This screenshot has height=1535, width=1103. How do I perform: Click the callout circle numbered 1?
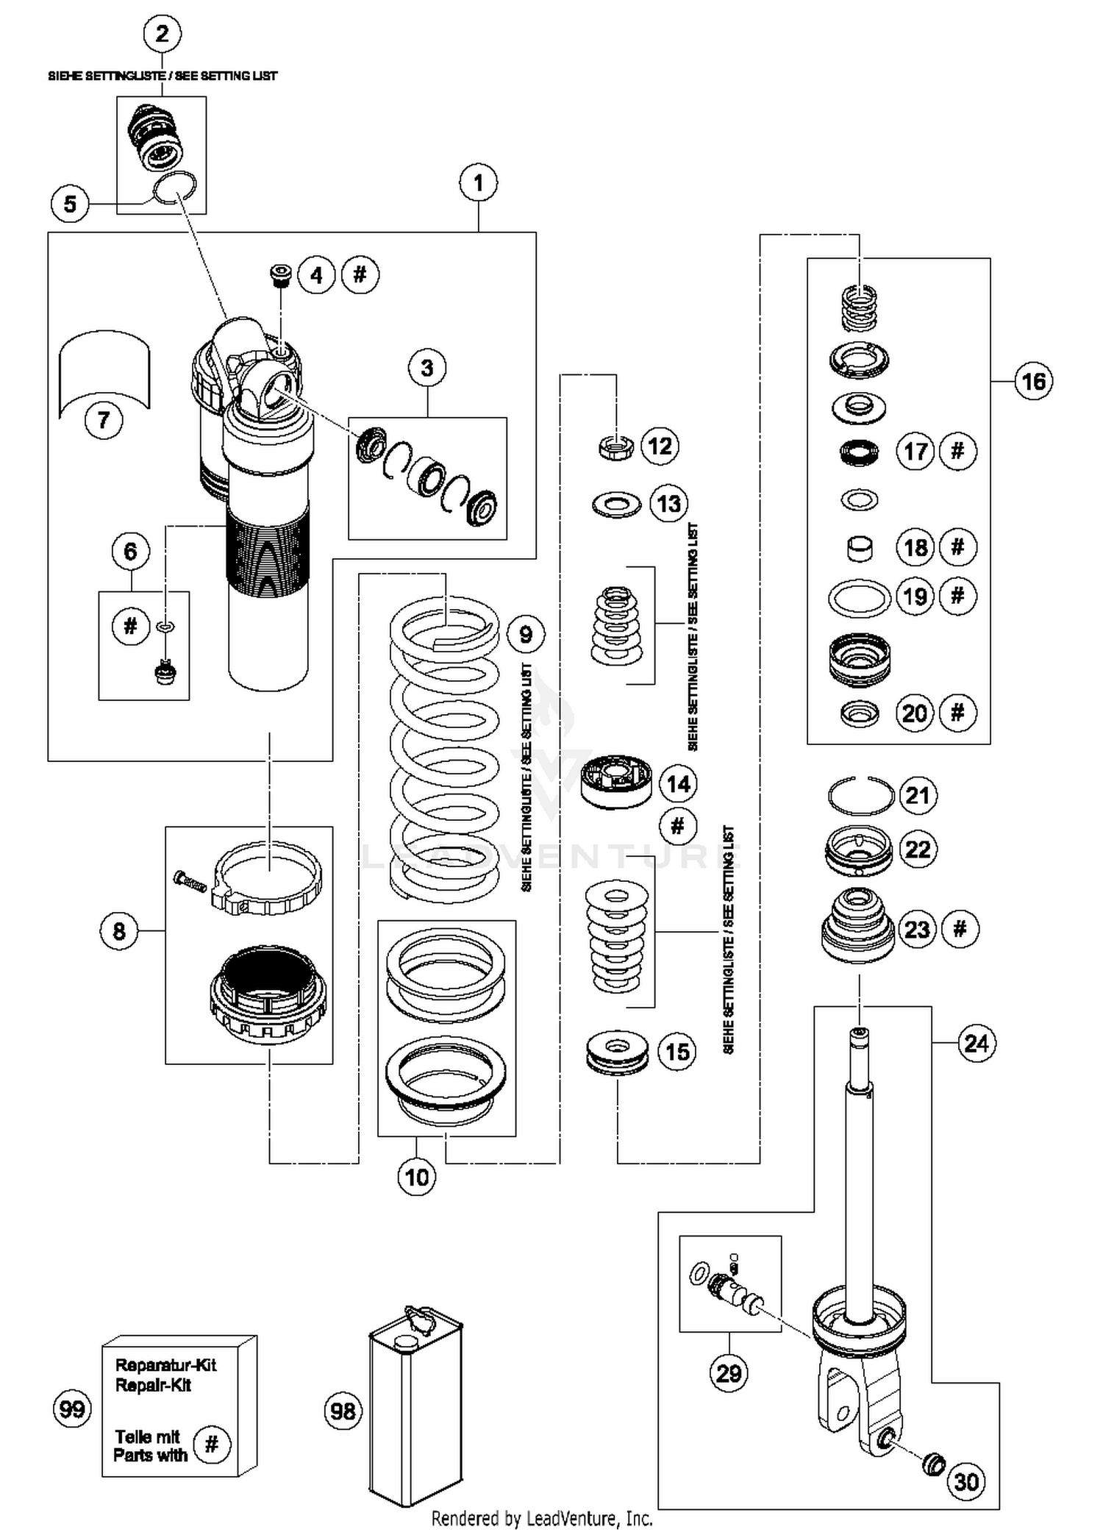tap(479, 182)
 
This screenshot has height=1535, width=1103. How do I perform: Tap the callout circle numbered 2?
tap(163, 34)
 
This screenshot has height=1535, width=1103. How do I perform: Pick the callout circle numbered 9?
tap(526, 634)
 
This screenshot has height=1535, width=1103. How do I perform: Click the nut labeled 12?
tap(615, 447)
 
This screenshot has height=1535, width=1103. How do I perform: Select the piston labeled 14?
tap(616, 782)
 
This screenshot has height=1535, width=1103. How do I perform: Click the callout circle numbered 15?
tap(677, 1052)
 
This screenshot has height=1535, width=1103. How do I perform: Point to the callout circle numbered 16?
tap(1033, 381)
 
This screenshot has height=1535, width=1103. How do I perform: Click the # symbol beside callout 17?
tap(957, 451)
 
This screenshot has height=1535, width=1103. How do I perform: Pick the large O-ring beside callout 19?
tap(859, 597)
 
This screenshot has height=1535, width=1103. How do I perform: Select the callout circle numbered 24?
tap(977, 1044)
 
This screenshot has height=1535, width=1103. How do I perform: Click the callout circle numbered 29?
tap(729, 1372)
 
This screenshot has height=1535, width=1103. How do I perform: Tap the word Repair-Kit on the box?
tap(154, 1386)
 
